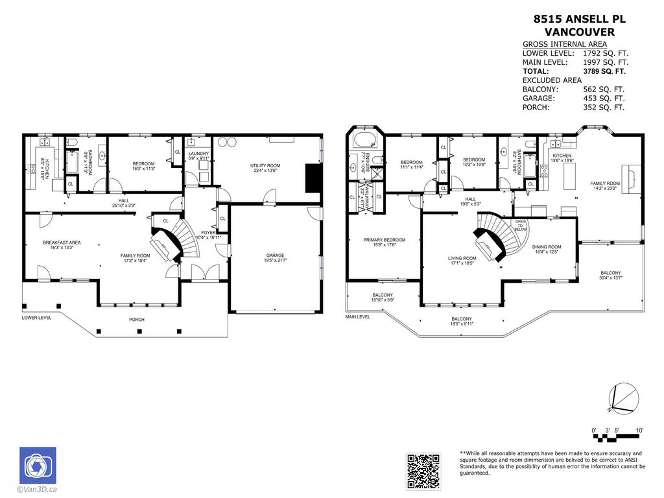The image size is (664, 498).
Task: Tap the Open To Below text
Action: pyautogui.click(x=521, y=225)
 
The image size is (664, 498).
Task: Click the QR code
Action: pyautogui.click(x=423, y=470)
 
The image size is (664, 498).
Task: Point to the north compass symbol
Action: pyautogui.click(x=621, y=397)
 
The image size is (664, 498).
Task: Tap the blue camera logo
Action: pyautogui.click(x=38, y=465)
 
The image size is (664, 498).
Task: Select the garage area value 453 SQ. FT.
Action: pyautogui.click(x=603, y=99)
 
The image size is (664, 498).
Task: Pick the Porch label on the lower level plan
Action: pyautogui.click(x=137, y=320)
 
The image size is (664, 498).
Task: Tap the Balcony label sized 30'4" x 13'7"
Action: pyautogui.click(x=610, y=276)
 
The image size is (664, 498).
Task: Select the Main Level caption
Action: pyautogui.click(x=358, y=317)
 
